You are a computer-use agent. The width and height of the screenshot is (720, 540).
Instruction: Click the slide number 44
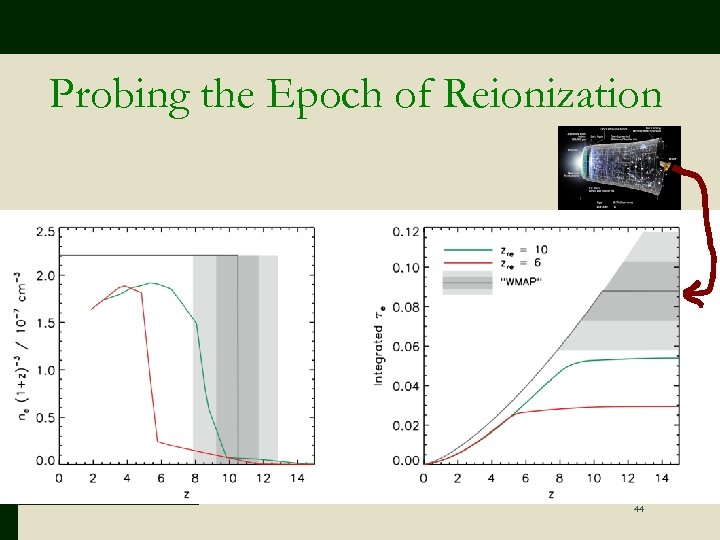coord(638,510)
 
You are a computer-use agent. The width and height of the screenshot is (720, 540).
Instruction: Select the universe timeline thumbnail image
coord(620,167)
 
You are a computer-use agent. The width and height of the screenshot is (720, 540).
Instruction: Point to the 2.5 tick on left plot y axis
coord(44,232)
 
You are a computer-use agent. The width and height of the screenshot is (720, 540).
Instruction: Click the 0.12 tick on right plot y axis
coord(405,231)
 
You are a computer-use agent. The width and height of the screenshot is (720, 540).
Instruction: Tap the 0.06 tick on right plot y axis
coord(405,347)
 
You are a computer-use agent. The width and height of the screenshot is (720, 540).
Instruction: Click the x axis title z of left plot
coord(186,494)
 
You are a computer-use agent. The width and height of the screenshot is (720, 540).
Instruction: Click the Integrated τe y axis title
coord(380,345)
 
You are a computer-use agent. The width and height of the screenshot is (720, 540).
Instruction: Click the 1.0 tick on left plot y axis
coord(44,370)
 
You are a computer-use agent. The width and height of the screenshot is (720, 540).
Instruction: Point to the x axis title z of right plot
coord(551,494)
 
